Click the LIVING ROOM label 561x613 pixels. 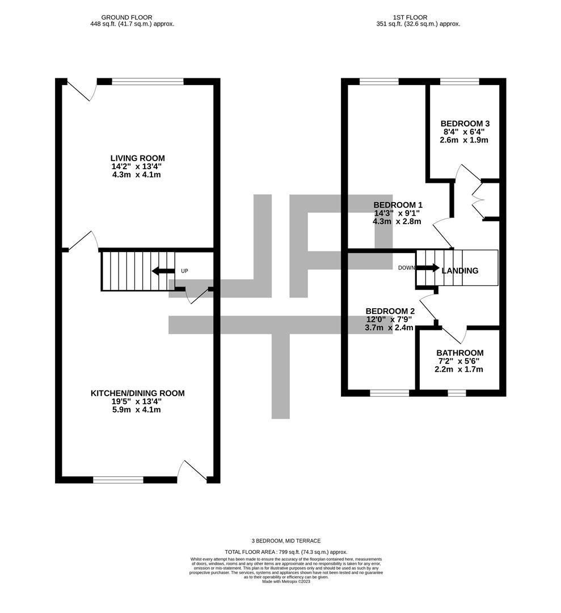click(x=137, y=158)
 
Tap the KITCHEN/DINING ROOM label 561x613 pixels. click(x=137, y=393)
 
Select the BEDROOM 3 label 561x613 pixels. click(x=465, y=123)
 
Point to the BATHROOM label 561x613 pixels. click(x=459, y=352)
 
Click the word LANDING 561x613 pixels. click(x=460, y=271)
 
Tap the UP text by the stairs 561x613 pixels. click(x=184, y=271)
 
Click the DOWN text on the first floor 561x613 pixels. click(x=407, y=268)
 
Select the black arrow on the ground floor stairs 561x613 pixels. click(x=163, y=271)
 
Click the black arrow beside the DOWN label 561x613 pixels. click(x=428, y=268)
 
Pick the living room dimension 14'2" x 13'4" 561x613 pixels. click(x=137, y=166)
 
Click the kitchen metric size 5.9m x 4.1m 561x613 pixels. click(x=137, y=409)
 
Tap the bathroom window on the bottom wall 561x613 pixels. click(x=456, y=392)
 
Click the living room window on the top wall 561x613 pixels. click(x=147, y=82)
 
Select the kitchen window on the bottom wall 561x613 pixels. click(x=118, y=480)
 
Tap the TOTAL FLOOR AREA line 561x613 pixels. click(x=286, y=552)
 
